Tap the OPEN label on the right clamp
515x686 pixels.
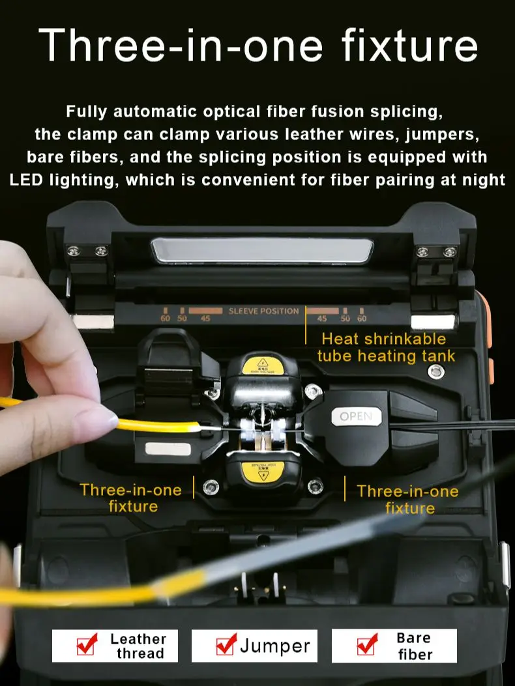(x=356, y=416)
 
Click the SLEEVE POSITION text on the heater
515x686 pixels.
(x=263, y=311)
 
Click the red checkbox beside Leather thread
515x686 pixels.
(x=87, y=645)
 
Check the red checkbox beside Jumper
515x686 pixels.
(x=226, y=645)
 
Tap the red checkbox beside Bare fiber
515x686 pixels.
(x=367, y=645)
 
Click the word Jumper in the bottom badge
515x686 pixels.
(x=274, y=646)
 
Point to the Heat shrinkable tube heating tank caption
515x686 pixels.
(x=386, y=347)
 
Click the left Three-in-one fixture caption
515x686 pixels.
(x=131, y=498)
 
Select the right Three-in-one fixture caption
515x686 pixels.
(x=407, y=499)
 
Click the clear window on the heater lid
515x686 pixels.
(x=262, y=251)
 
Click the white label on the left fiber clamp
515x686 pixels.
(x=168, y=448)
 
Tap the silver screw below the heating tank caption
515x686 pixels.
(x=435, y=371)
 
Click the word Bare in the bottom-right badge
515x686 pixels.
(x=413, y=638)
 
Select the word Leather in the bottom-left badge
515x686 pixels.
(x=138, y=638)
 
